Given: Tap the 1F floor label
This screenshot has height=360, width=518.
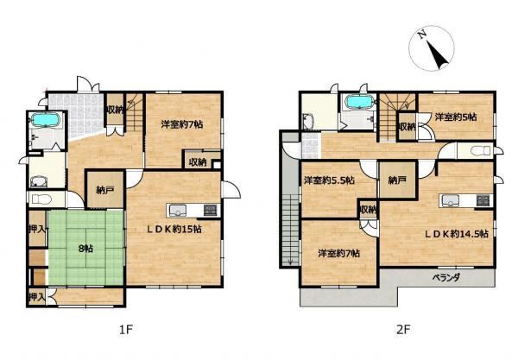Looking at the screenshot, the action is [x=125, y=329].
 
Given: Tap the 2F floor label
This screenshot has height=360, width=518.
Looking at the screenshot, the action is [x=402, y=329].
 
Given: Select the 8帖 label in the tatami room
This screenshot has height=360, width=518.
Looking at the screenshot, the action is [x=85, y=249].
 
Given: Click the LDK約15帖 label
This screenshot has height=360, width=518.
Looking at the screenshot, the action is [x=174, y=229].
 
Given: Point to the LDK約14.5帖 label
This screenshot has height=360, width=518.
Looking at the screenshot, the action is [x=456, y=233].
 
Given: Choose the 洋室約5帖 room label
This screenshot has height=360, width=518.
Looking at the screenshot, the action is [x=456, y=117].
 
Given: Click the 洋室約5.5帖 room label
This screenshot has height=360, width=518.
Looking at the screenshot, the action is [x=329, y=180].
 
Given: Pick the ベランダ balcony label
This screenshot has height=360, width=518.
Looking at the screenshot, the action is [x=446, y=277].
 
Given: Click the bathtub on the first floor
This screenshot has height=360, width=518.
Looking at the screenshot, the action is [x=46, y=119].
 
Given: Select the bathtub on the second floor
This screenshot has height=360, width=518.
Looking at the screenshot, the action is [x=359, y=101].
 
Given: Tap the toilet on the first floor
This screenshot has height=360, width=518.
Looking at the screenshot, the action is [x=41, y=199].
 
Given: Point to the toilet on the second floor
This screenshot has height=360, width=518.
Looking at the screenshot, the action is [x=482, y=151].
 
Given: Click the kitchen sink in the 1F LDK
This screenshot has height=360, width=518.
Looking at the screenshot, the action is [x=177, y=210].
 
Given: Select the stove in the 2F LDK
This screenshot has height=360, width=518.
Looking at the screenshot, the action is [x=484, y=200].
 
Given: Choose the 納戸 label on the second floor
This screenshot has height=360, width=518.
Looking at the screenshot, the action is [x=397, y=180].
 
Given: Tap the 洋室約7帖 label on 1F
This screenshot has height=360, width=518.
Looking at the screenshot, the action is [x=182, y=124].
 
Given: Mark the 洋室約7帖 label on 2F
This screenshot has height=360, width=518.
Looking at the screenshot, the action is [x=339, y=253].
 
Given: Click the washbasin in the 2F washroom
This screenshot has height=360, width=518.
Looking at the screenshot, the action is [x=308, y=122].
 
